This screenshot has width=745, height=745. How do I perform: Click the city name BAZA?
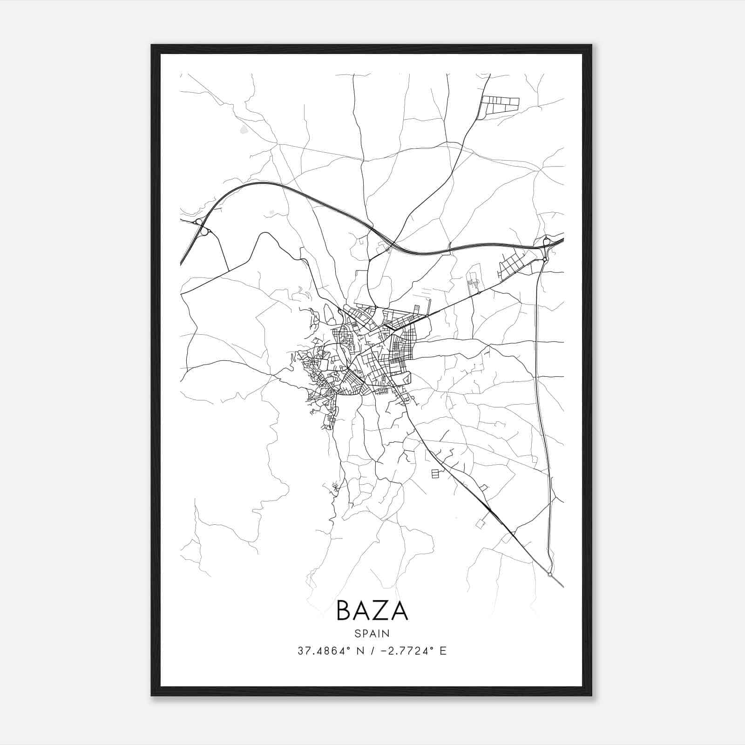pos(372,610)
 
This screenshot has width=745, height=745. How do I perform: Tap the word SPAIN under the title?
pos(372,633)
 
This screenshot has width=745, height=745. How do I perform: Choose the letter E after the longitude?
pos(443,651)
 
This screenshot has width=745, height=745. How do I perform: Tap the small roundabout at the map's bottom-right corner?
pos(550,574)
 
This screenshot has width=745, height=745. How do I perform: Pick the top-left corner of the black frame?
pos(152,46)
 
